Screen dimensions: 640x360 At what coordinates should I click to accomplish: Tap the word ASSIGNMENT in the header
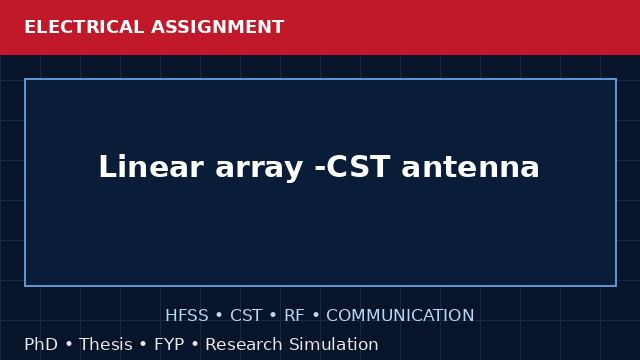(218, 27)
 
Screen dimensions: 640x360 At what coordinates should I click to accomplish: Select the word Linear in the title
(151, 167)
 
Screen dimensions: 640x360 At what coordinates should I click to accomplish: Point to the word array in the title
(259, 169)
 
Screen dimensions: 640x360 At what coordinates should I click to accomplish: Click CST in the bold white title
(359, 167)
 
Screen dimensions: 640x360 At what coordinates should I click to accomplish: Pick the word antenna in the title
(471, 167)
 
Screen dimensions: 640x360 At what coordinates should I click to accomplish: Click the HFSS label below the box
(187, 316)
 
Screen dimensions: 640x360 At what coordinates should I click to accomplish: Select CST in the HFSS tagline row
(246, 316)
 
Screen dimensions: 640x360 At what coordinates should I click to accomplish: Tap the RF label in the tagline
(294, 316)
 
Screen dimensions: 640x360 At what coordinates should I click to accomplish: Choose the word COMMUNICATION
(400, 316)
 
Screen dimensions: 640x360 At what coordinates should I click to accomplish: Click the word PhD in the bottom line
(41, 344)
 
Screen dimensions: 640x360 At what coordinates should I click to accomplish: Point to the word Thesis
(106, 344)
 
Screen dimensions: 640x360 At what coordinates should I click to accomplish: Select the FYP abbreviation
(169, 344)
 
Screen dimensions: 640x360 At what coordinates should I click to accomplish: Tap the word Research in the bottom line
(244, 344)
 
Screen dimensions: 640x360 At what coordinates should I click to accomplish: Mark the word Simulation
(334, 344)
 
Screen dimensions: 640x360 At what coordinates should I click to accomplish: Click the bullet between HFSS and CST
(219, 316)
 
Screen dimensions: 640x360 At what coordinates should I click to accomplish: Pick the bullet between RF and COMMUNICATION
(316, 316)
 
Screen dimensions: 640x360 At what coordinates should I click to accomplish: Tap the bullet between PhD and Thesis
(69, 344)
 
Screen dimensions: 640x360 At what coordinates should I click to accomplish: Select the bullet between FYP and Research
(195, 344)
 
